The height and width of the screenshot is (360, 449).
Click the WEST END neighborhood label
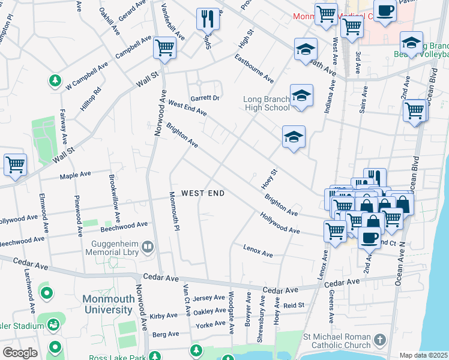coord(203,193)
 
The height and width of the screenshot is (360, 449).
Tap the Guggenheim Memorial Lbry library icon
coord(148,247)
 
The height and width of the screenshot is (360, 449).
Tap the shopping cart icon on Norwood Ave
coord(164,47)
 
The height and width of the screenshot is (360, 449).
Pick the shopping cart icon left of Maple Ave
coord(15,164)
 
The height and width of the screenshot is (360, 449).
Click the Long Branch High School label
coord(267,103)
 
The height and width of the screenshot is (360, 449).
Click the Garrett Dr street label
coord(205,98)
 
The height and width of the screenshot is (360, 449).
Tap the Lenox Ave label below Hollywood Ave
coord(258,251)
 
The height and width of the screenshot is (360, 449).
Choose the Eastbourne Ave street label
coord(254,69)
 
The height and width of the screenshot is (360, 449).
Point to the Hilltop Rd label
coord(91,99)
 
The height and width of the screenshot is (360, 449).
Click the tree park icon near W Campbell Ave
coord(55,80)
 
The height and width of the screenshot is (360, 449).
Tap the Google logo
coord(20,353)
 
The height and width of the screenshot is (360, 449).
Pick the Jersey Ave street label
coord(209,298)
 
